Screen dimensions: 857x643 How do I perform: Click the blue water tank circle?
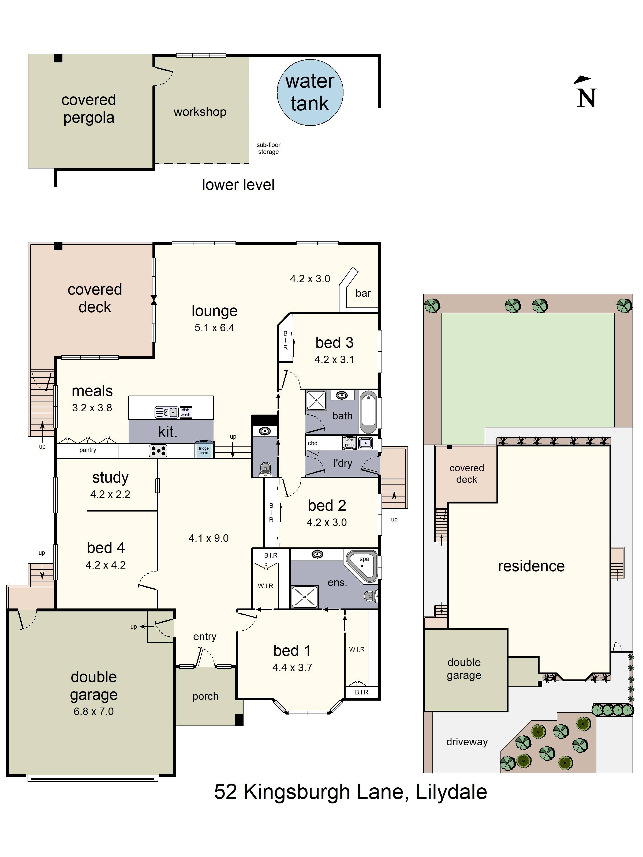[310, 93]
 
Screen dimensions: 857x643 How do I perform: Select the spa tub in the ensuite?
[362, 566]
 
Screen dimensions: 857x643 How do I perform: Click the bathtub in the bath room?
[368, 412]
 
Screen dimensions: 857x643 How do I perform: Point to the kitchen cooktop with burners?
[158, 450]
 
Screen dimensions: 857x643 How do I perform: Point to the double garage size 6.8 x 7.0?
[94, 711]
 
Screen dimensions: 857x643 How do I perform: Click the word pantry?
[88, 450]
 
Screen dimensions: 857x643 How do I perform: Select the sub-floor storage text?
[268, 148]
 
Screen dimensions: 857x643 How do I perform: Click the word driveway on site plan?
[467, 742]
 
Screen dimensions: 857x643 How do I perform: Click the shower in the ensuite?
[304, 597]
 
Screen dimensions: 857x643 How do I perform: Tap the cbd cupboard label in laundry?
[312, 443]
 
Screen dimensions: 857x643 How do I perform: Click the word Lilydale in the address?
[451, 792]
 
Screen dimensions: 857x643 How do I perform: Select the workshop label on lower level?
[200, 112]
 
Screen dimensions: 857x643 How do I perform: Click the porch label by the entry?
[205, 696]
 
